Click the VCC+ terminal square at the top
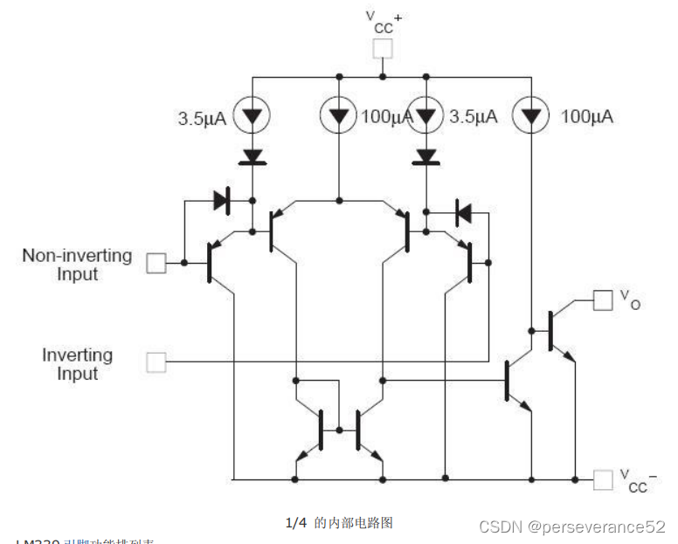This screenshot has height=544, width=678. [x=383, y=49]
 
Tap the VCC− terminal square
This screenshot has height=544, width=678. [x=603, y=479]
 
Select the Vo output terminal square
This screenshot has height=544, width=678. [x=603, y=300]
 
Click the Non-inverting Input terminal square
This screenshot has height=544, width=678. [x=156, y=263]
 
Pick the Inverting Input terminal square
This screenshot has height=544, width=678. [x=156, y=362]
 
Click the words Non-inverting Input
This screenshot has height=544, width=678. [x=77, y=265]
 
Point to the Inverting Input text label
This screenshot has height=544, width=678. [x=77, y=364]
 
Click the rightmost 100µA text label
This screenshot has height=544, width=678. [x=586, y=116]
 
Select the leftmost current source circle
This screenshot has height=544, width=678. [x=253, y=115]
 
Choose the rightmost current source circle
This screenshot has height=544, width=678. [x=530, y=115]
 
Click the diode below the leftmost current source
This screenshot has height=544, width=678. [x=253, y=157]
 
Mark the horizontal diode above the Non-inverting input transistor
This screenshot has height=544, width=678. [x=222, y=201]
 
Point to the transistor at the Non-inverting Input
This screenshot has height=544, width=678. [x=215, y=263]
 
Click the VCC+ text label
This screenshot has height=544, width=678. [x=383, y=21]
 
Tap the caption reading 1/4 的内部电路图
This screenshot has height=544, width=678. [x=339, y=523]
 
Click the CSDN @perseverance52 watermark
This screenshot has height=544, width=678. [x=572, y=527]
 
